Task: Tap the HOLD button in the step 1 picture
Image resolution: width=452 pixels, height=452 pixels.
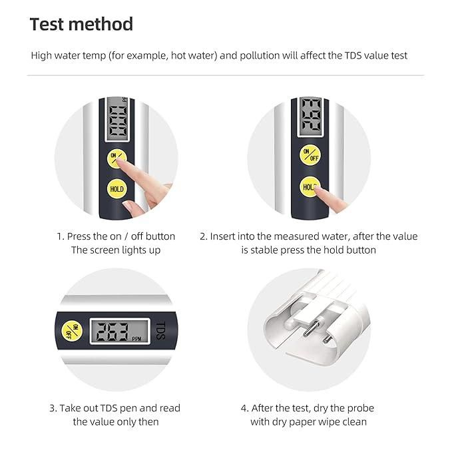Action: [116, 189]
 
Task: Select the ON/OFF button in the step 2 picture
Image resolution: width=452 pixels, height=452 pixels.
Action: [310, 155]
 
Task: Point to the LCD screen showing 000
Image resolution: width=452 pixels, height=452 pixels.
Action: [117, 121]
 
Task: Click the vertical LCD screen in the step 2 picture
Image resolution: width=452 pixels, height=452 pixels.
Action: [310, 116]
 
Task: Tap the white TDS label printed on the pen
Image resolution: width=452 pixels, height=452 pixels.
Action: [158, 330]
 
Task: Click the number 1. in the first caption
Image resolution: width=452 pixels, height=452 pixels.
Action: [61, 236]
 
